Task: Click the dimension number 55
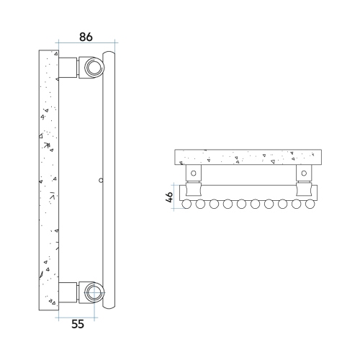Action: coord(78,324)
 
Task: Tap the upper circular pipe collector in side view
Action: coord(94,68)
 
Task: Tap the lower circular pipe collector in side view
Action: coord(94,292)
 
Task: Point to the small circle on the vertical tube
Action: coord(101,180)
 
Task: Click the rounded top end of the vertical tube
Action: coord(109,53)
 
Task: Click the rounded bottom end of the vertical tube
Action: coord(109,306)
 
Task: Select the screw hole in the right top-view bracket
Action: coord(305,174)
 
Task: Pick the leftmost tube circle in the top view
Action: coord(188,204)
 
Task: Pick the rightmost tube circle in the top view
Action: coord(310,204)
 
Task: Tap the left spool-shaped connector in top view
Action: coord(193,190)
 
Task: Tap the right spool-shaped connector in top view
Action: coord(305,190)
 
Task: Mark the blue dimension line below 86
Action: coord(85,45)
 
